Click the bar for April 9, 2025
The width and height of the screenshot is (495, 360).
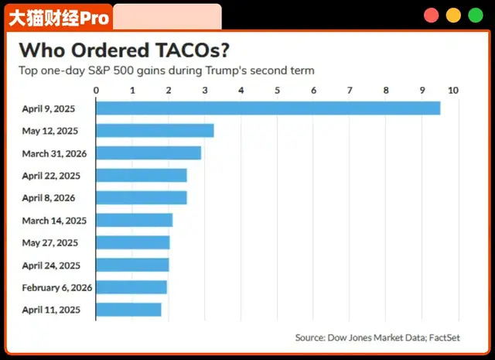point(268,108)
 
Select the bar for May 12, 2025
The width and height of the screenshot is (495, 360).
point(155,131)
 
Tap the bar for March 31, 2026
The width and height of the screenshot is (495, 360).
point(148,153)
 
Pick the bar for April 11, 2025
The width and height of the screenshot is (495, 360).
point(128,310)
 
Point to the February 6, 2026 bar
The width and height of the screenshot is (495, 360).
point(131,287)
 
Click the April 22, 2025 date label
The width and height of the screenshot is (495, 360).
point(51,176)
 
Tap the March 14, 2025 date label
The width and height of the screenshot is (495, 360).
point(54,221)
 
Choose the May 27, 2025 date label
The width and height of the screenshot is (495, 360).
point(51,243)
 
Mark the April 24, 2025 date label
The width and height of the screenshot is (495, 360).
point(51,266)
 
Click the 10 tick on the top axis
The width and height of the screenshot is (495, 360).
point(453,91)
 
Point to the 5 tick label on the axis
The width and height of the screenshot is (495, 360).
point(278,91)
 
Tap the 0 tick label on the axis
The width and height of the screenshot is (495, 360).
point(96,91)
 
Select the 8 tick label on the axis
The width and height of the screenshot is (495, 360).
point(387,91)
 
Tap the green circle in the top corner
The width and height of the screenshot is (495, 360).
point(475,15)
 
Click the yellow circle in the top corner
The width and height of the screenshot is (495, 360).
point(453,15)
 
